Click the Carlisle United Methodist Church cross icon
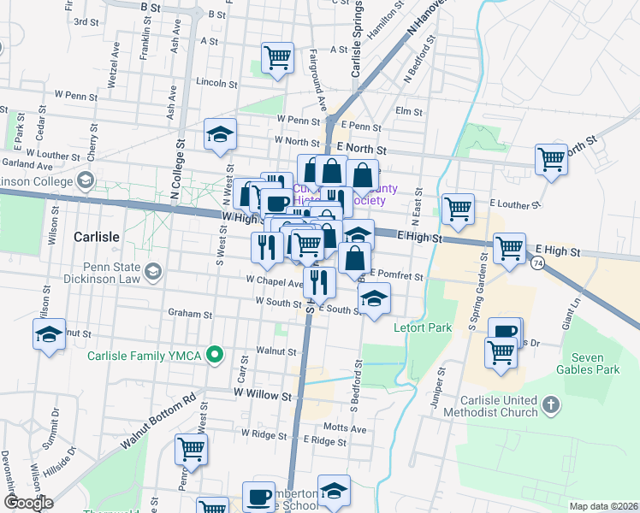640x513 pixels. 552,403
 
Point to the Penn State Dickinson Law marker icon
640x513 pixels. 152,273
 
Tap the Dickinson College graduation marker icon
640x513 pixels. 85,180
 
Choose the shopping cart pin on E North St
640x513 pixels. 551,159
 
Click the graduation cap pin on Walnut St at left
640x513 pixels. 49,334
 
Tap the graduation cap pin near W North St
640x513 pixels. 220,134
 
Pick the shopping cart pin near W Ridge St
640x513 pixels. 192,449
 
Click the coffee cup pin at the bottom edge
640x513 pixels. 258,497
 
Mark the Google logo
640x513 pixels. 29,503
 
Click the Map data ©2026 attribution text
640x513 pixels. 603,506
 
